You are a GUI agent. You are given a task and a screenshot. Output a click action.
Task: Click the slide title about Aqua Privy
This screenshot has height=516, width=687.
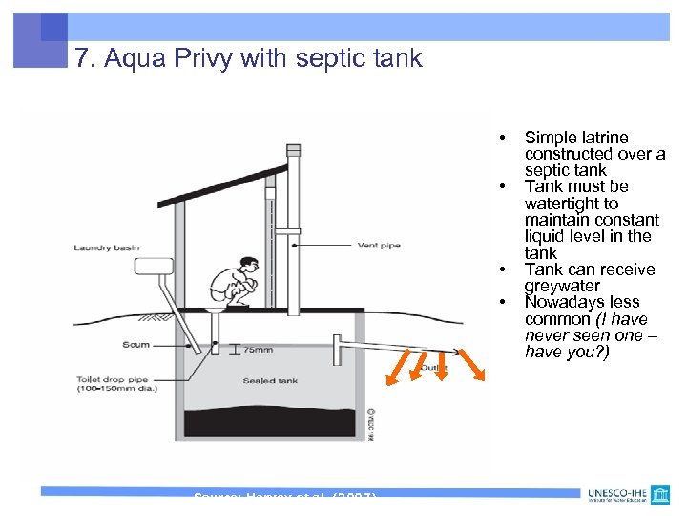pos(248,59)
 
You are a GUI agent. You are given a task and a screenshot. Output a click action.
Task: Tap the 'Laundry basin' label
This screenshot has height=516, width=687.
pos(107,248)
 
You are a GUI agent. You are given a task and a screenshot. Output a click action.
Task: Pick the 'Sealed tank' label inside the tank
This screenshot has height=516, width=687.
pos(270,380)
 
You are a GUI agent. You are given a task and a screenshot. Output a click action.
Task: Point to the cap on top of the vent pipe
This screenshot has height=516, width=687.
pos(293,150)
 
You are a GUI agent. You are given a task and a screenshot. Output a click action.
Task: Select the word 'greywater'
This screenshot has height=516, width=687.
pos(562,286)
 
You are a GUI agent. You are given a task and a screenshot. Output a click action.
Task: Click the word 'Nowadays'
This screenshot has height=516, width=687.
pos(570,303)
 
